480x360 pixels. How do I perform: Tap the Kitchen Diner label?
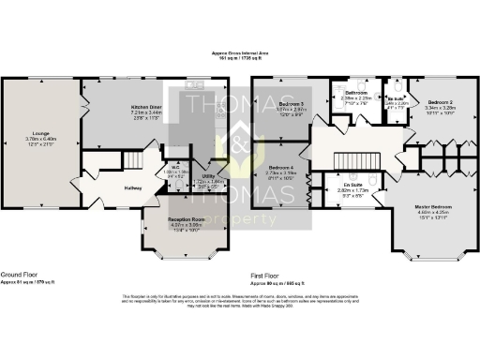[x=145, y=108]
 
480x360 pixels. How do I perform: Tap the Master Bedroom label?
[x=434, y=206]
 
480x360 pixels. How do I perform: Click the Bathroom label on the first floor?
[x=356, y=93]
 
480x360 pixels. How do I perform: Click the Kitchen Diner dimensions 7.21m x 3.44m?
[x=145, y=112]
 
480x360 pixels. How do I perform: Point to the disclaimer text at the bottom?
[x=240, y=302]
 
